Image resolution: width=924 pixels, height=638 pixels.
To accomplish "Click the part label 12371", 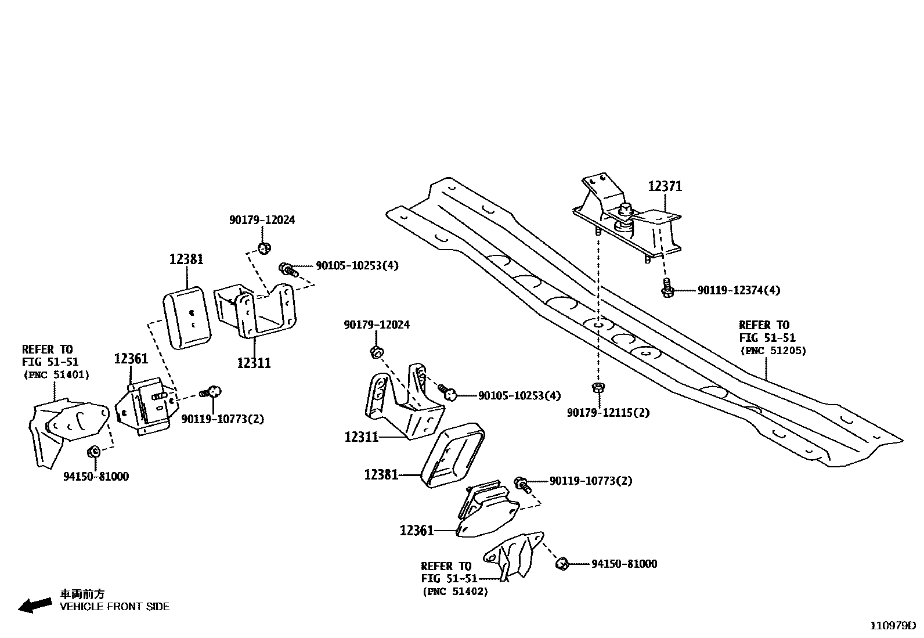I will point(665,186).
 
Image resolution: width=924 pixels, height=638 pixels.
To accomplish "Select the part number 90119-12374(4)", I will point(738,290).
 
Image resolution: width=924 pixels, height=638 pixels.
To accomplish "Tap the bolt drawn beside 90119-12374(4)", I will point(667,288).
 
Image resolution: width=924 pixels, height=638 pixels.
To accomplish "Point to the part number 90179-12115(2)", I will point(608,413).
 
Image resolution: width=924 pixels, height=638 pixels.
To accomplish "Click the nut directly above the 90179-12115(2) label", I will point(597,387).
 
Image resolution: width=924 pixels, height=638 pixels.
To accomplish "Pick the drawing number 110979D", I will point(892,626).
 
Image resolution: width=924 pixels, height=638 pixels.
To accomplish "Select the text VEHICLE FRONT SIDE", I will point(115,607).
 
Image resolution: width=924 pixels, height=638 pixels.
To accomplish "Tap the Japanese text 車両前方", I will point(82,594).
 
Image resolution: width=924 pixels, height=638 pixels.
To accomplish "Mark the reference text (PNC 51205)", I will point(773,351).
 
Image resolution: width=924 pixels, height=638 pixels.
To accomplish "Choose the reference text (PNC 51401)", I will point(56,375).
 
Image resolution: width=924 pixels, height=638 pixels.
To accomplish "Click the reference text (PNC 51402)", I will point(454,592).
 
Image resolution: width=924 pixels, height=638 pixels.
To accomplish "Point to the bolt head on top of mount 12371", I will point(625,210).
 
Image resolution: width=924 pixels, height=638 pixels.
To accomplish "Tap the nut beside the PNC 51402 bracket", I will point(562,563).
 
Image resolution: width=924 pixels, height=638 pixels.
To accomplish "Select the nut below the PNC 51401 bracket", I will point(93,452).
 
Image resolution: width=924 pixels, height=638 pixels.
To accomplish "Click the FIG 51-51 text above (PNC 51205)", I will point(767,338).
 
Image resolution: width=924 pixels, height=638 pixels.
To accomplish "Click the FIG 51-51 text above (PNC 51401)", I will point(50,362).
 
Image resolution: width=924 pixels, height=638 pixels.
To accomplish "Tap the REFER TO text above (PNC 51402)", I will point(446,566).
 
